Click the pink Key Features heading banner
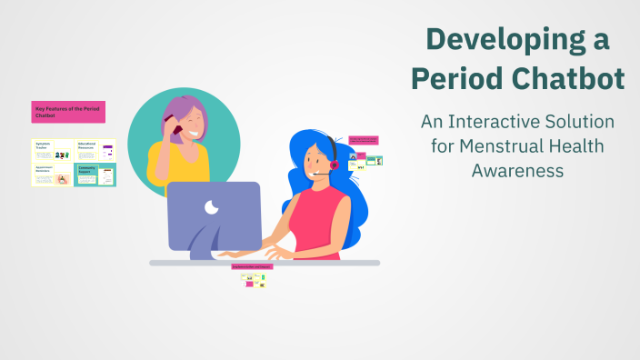click(68, 113)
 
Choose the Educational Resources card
click(95, 151)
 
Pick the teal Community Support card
click(95, 175)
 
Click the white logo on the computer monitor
click(212, 207)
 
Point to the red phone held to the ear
click(175, 129)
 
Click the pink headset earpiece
click(334, 165)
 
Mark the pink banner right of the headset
click(363, 141)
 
